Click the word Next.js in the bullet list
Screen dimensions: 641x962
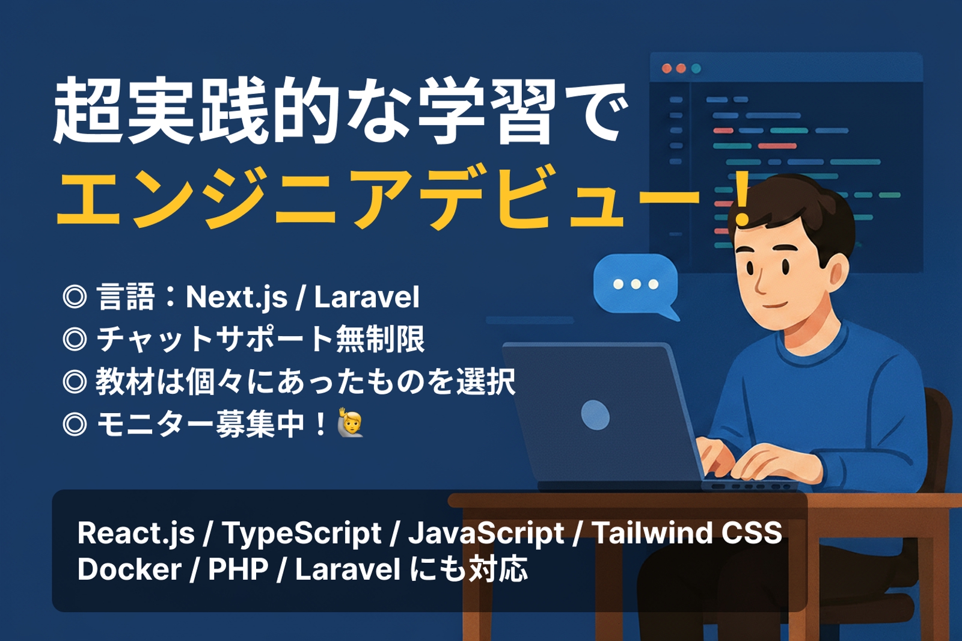(x=236, y=297)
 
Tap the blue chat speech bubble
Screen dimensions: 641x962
(x=636, y=283)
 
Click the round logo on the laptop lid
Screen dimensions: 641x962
(x=595, y=415)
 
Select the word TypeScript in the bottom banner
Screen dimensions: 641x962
(x=301, y=533)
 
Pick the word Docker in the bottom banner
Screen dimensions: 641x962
(x=129, y=569)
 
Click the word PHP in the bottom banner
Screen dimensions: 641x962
(x=237, y=569)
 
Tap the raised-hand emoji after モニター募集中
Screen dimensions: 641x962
(x=351, y=423)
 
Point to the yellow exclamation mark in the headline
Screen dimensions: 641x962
(x=743, y=198)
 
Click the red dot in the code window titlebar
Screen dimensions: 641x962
(x=667, y=69)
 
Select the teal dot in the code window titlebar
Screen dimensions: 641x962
(x=696, y=69)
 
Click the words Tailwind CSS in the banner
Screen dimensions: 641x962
(x=687, y=533)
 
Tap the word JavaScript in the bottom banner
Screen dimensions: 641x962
(x=486, y=533)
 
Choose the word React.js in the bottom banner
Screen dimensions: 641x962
(x=136, y=533)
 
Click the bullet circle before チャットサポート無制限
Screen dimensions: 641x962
(x=75, y=339)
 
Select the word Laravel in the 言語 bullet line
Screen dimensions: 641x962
(x=367, y=297)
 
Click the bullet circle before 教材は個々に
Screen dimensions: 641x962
(x=75, y=382)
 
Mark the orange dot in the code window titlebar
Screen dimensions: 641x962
(x=681, y=69)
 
